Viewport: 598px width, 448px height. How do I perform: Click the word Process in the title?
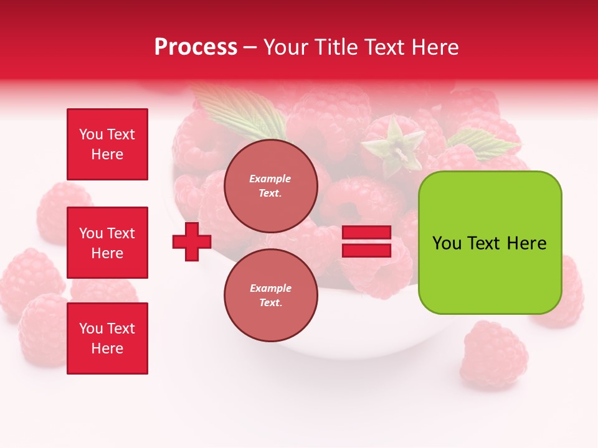point(196,47)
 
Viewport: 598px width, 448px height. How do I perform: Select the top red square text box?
point(107,144)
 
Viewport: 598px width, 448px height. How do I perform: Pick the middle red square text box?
point(107,243)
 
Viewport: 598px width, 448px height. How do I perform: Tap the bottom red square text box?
point(107,338)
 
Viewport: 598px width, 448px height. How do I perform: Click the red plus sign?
point(192,241)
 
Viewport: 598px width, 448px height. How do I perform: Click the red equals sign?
point(366,241)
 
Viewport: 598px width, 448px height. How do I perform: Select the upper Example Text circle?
point(270,186)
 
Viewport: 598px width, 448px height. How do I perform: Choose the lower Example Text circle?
point(270,295)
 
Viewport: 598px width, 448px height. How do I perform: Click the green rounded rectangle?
point(490,243)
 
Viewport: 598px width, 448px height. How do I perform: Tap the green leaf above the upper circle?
point(240,112)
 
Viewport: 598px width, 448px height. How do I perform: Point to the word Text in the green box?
point(484,243)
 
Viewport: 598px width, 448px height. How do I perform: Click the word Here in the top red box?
point(107,154)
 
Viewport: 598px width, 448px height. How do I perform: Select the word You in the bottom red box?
point(90,329)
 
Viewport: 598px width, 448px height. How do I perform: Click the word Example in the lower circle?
point(270,288)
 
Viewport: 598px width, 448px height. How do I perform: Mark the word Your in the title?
point(288,47)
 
